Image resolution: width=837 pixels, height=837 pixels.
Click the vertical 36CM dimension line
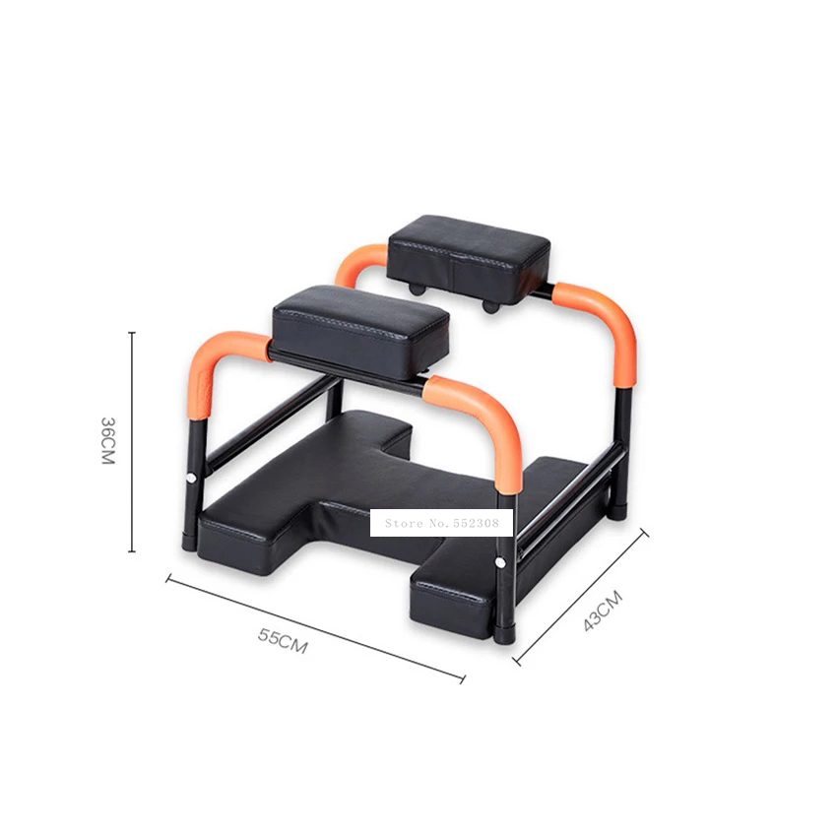click(132, 441)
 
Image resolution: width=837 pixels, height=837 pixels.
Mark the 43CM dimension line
click(581, 597)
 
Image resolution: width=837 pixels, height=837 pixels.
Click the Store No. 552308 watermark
click(441, 523)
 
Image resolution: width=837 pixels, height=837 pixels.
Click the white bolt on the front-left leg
click(190, 480)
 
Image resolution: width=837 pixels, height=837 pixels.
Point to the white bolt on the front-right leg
click(502, 563)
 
